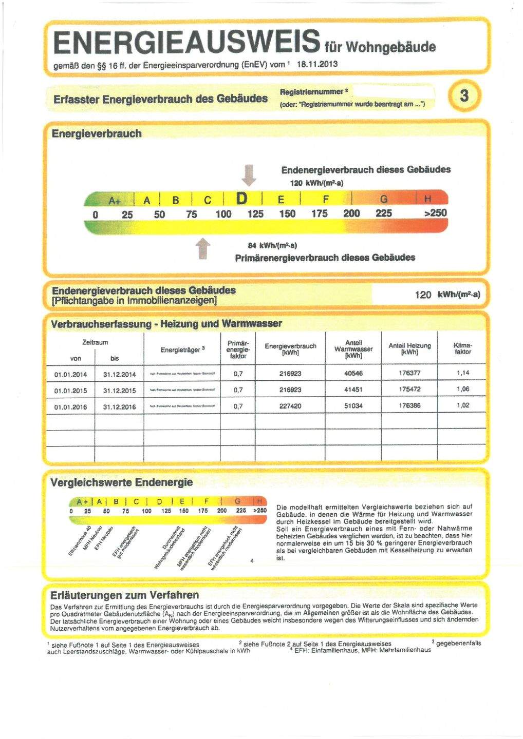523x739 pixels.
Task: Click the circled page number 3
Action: [464, 96]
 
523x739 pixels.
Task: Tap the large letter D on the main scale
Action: [241, 199]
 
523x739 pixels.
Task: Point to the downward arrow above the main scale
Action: [249, 174]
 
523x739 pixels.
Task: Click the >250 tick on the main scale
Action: [435, 213]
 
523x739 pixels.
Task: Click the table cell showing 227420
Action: [290, 406]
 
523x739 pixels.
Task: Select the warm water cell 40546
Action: [353, 373]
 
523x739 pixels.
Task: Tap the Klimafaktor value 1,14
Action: [462, 373]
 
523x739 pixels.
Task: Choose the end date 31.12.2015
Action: [119, 391]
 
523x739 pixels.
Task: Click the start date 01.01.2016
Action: [70, 407]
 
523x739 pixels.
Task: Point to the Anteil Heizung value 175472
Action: [409, 390]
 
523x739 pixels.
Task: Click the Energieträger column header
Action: [183, 350]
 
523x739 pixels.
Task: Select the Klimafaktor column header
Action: [462, 348]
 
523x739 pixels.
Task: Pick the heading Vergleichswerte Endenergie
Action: [121, 482]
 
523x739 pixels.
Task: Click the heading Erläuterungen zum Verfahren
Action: [124, 595]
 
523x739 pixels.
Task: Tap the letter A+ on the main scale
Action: [114, 200]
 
